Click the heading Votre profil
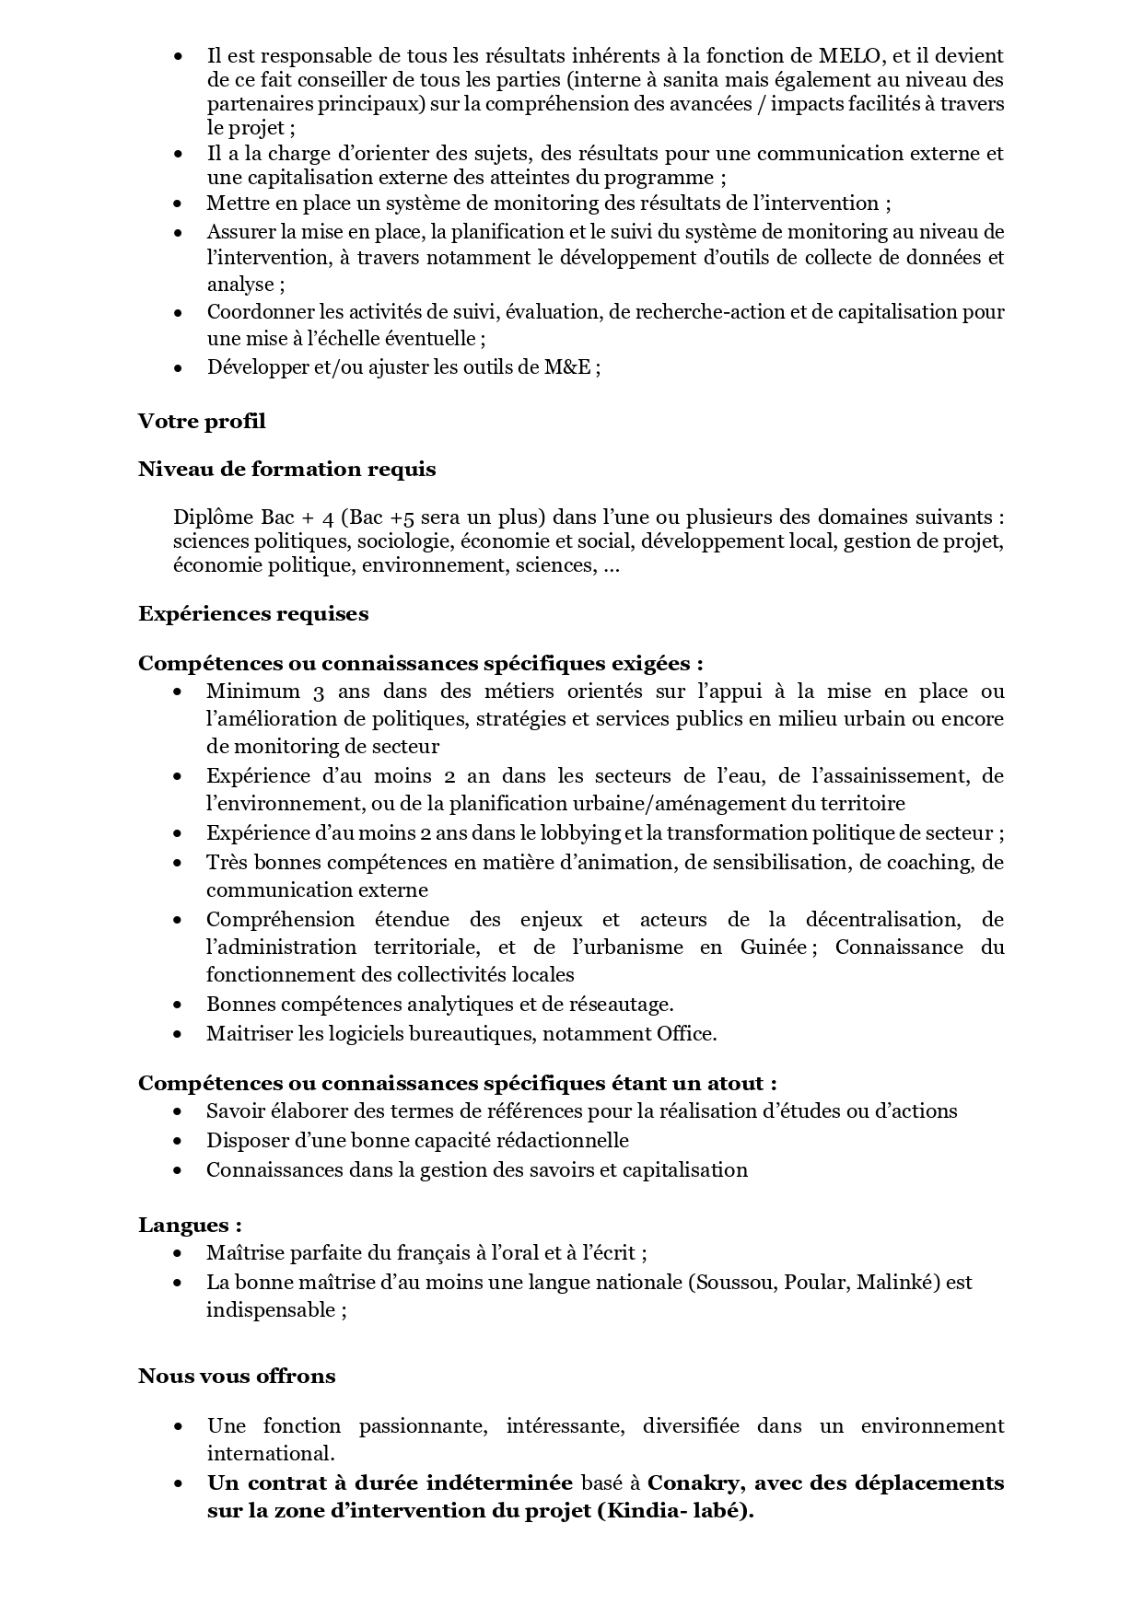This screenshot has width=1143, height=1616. pyautogui.click(x=202, y=422)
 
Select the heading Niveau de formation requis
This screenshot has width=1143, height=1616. pyautogui.click(x=286, y=470)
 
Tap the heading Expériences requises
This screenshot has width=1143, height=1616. pyautogui.click(x=253, y=614)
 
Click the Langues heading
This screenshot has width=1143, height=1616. pyautogui.click(x=190, y=1226)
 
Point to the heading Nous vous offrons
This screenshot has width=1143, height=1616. pyautogui.click(x=237, y=1377)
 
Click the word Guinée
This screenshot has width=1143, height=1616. pyautogui.click(x=773, y=948)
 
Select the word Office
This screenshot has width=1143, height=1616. pyautogui.click(x=684, y=1034)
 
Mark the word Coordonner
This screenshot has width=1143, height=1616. pyautogui.click(x=260, y=312)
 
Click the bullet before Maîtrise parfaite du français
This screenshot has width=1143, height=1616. pyautogui.click(x=178, y=1254)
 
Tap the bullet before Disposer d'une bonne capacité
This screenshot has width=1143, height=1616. pyautogui.click(x=178, y=1142)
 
